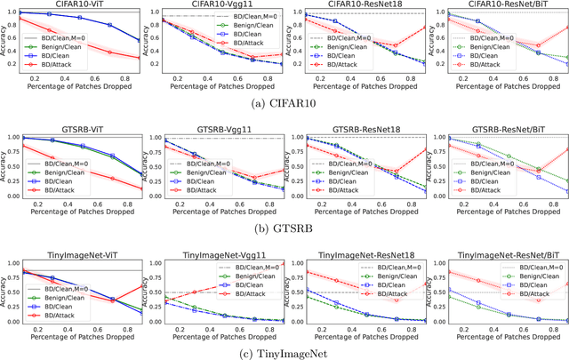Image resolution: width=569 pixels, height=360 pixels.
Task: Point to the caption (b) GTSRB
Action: coord(284,228)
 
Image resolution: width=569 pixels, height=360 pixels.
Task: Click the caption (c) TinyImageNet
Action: coord(284,353)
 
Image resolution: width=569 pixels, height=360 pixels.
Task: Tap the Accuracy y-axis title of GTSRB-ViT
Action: coord(4,166)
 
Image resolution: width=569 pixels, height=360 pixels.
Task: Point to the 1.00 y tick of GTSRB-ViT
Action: coord(15,139)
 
